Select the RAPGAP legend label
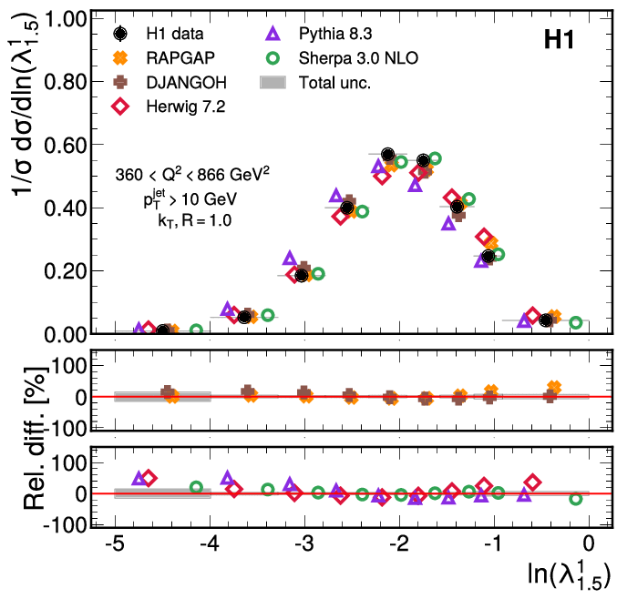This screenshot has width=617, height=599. [x=179, y=59]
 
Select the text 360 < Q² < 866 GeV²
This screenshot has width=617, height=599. [x=192, y=175]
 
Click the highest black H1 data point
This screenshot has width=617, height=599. [x=388, y=155]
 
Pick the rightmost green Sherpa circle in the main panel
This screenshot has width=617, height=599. [x=575, y=322]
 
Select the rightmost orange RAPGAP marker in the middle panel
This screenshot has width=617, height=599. [x=554, y=388]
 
